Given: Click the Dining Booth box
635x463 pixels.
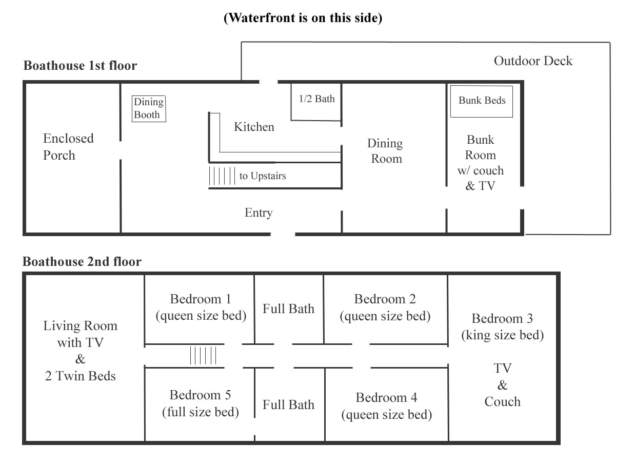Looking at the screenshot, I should coord(149,108).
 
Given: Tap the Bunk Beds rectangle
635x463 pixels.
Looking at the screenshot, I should coord(482,101).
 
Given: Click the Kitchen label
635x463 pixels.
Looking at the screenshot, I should coord(254,127).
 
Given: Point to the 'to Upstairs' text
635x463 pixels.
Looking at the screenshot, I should coord(263,176).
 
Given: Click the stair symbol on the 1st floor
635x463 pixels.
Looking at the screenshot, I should coord(222,176).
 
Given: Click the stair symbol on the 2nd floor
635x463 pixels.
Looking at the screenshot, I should coord(204,355).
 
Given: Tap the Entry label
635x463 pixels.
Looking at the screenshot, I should coord(259,213).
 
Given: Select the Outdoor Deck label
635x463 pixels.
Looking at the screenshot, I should coord(533,61).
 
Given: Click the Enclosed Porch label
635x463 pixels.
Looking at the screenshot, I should coord(68,147).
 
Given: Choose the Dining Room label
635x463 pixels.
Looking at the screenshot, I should coord(386,151).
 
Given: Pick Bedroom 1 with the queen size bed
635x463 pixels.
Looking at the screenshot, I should coord(201,307).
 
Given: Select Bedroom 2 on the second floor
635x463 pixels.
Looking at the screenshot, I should coord(385,307).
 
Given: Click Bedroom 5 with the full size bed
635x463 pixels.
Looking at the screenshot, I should coord(200,403).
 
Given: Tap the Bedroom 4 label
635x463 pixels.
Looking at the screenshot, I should coord(386,398).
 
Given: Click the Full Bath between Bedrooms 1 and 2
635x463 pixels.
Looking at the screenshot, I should coord(288,308).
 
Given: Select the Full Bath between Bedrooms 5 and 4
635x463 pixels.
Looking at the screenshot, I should coord(288,404).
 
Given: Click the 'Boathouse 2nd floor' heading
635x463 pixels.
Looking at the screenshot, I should coord(82,262).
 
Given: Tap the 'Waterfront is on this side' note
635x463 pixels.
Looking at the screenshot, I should coord(303,18).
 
